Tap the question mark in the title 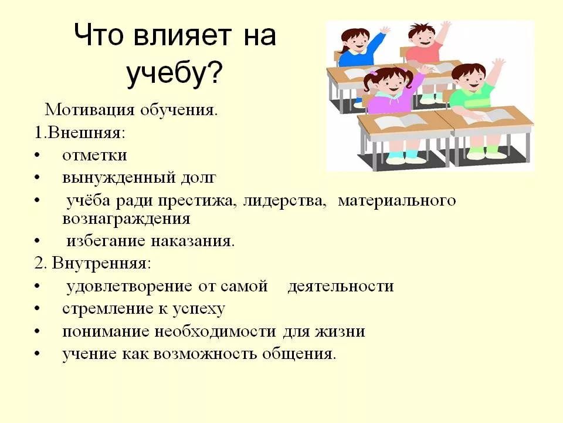tap(214, 73)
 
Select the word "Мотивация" tap(89, 110)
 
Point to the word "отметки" tap(94, 155)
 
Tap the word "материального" tap(397, 200)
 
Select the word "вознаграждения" tap(126, 219)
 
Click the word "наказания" tap(192, 241)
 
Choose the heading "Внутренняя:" tap(101, 263)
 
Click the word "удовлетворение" tap(130, 287)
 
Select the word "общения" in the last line tap(299, 354)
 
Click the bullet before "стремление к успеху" tap(37, 308)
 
